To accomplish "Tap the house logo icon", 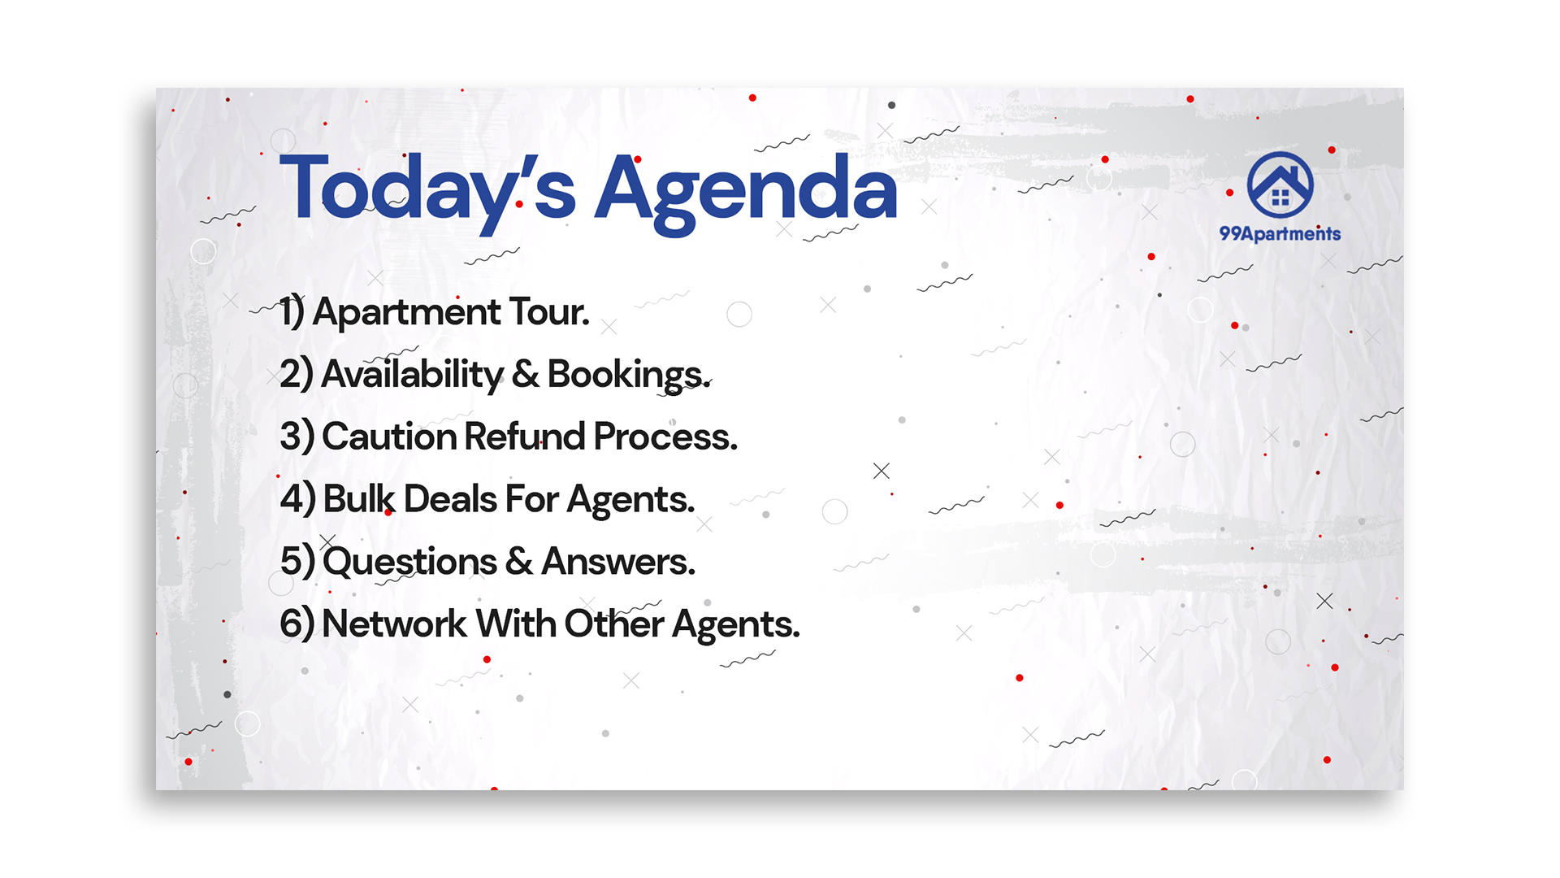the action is [x=1280, y=185].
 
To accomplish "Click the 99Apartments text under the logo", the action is [x=1280, y=234].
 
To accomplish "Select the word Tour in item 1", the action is [x=549, y=312].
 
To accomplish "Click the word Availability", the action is [x=413, y=375].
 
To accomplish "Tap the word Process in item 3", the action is [x=665, y=437].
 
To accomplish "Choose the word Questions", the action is [x=409, y=562].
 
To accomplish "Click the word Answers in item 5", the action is [x=618, y=562].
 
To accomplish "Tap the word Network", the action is [x=394, y=624].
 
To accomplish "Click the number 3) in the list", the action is [x=297, y=437].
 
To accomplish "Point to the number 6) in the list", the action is [x=297, y=624].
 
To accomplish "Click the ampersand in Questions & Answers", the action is [x=519, y=562].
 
